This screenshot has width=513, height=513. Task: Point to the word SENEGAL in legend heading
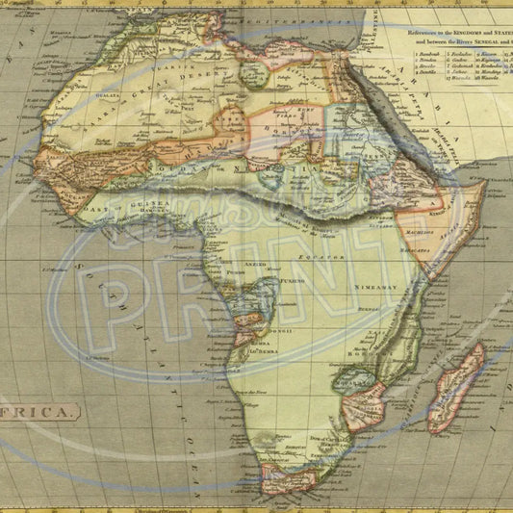tap(475, 43)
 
